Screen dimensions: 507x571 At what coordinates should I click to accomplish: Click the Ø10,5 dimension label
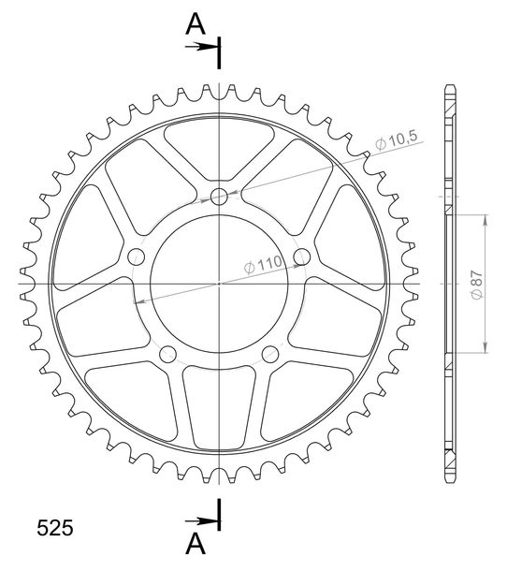tap(396, 140)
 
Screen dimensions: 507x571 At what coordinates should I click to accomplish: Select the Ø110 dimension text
tap(263, 264)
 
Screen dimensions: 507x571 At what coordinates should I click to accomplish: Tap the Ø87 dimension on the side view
tap(477, 285)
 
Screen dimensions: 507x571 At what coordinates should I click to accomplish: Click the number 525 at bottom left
tap(55, 528)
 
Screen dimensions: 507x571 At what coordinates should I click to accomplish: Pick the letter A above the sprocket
tap(196, 24)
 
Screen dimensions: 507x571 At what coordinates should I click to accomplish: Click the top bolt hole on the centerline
tap(219, 197)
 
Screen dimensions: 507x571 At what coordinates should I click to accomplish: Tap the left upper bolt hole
tap(137, 256)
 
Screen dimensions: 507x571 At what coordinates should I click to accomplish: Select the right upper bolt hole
tap(302, 256)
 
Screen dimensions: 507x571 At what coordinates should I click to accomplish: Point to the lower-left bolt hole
tap(167, 355)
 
